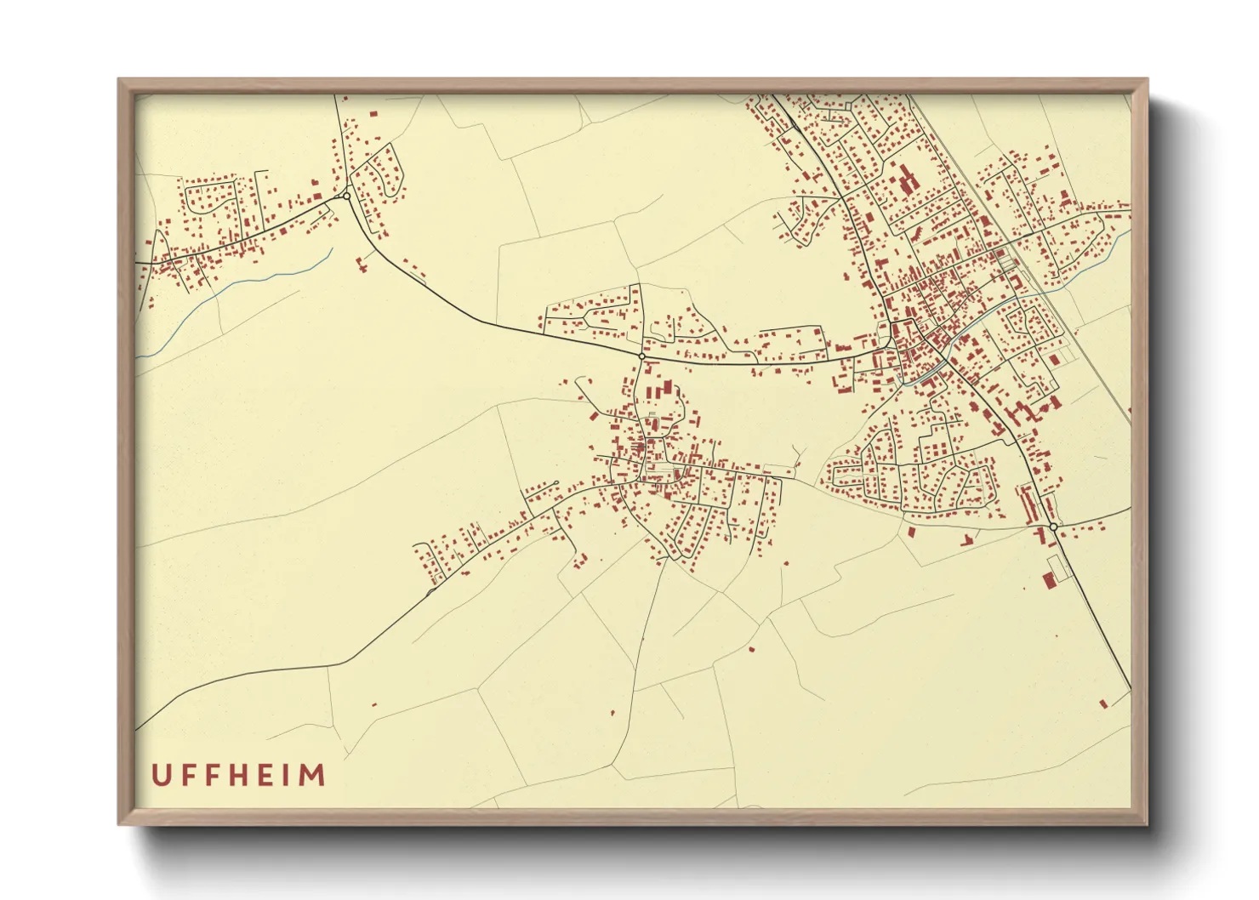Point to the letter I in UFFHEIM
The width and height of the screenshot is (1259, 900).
click(x=290, y=775)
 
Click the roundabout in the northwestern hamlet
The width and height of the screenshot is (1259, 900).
click(x=346, y=197)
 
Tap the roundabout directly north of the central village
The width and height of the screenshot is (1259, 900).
click(x=641, y=356)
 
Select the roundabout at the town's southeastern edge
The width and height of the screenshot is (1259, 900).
click(x=1053, y=527)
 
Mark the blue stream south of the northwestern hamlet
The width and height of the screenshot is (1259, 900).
click(x=255, y=281)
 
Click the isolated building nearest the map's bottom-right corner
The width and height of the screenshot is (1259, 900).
click(x=1104, y=703)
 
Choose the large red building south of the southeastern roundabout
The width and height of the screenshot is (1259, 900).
click(x=1049, y=579)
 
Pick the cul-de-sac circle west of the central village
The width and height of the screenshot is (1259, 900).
click(x=555, y=484)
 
